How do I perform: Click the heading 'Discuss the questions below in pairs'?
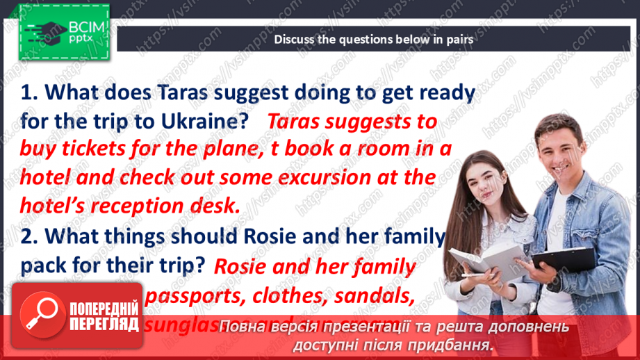[x=373, y=40]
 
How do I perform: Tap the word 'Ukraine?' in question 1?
[x=204, y=121]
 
